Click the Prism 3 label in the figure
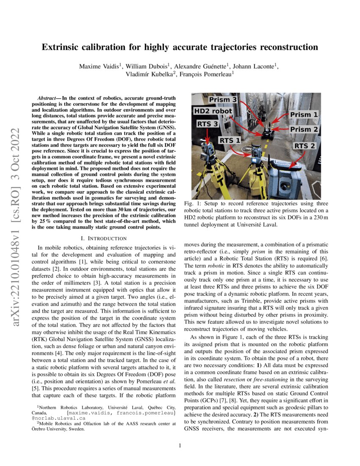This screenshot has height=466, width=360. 222,100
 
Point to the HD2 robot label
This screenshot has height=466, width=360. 213,111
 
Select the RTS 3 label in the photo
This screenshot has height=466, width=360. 208,124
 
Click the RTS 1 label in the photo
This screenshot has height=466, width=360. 230,140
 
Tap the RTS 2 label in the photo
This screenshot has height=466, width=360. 305,146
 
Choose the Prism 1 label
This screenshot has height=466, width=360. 303,115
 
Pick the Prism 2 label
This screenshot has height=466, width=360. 304,129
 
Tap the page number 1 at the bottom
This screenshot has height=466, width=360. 180,445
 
